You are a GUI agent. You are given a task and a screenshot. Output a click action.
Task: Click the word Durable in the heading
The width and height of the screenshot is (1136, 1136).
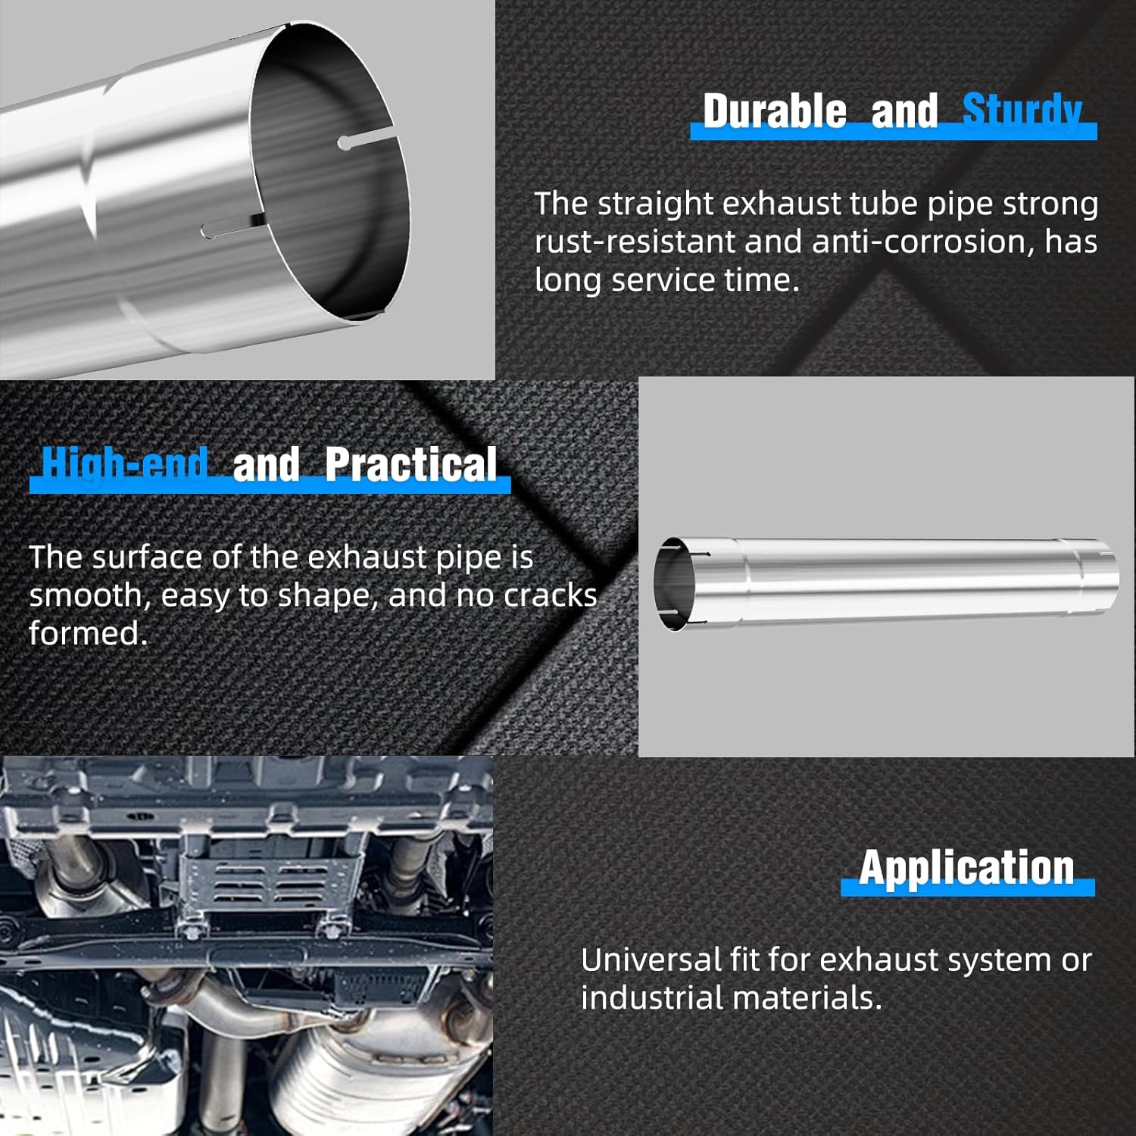tap(774, 111)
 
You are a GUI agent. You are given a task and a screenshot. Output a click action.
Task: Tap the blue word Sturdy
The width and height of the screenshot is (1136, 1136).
tap(1022, 111)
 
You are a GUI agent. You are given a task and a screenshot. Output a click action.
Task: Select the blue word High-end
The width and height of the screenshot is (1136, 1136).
tap(125, 463)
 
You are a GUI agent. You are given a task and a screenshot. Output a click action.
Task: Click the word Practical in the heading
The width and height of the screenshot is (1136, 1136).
tap(411, 464)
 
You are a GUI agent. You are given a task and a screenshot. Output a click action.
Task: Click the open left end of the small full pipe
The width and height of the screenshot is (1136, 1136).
tap(676, 584)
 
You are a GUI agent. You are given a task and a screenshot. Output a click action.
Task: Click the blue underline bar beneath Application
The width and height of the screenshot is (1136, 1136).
tap(967, 888)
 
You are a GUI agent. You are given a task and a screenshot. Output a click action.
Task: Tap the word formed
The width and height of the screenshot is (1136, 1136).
tap(88, 634)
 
